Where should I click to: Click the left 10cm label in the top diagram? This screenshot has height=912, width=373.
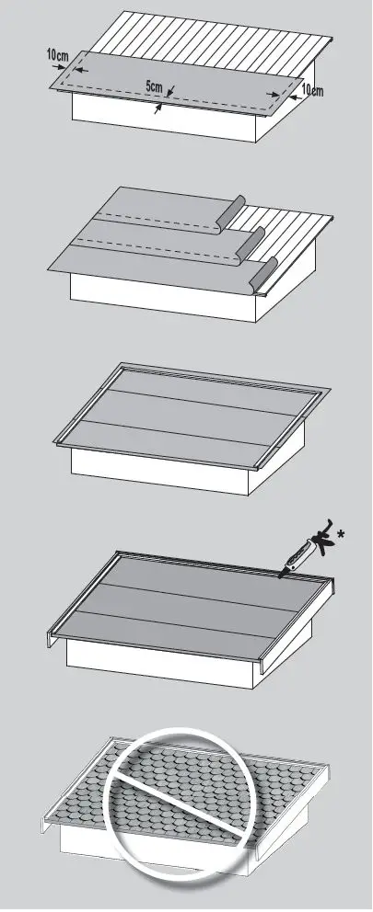57,56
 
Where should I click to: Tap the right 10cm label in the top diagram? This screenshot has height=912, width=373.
312,90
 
